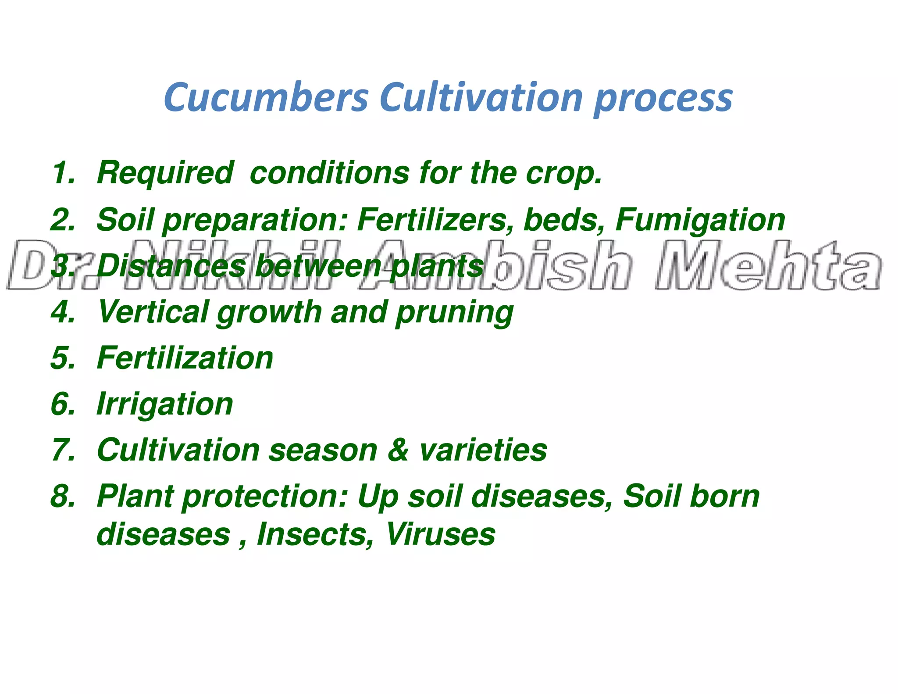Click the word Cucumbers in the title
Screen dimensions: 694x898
point(266,97)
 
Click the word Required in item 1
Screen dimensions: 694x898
point(165,172)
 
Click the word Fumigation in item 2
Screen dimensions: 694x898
point(700,220)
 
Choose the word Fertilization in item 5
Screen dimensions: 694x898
point(185,358)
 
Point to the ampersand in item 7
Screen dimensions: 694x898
point(398,451)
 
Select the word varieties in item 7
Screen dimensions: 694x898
point(483,451)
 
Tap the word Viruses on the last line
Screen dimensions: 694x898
point(440,534)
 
